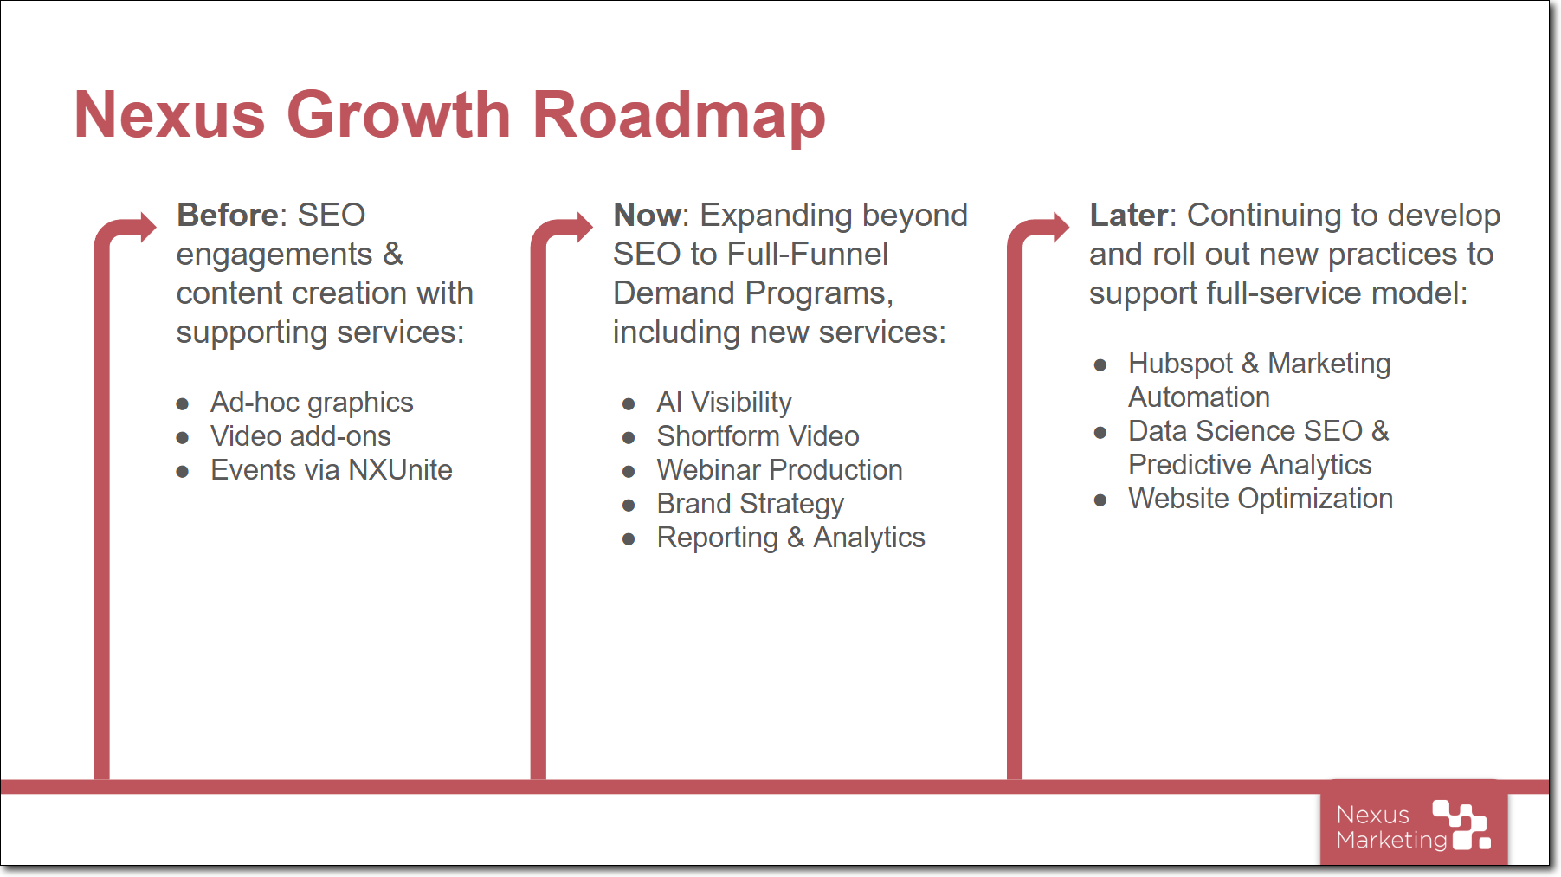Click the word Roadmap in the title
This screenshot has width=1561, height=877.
click(x=679, y=116)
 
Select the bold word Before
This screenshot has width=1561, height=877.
click(x=228, y=215)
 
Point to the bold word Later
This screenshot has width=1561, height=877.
click(x=1128, y=215)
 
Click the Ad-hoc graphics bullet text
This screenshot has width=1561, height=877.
click(x=312, y=403)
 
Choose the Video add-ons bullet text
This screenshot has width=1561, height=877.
click(x=300, y=436)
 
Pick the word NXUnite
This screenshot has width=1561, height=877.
click(x=400, y=470)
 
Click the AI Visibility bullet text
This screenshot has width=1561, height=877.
click(x=724, y=403)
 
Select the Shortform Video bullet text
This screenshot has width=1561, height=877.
click(x=758, y=436)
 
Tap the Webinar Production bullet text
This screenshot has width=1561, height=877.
click(x=779, y=470)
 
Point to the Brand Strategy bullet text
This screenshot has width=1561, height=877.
click(x=750, y=505)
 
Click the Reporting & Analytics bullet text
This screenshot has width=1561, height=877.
click(x=790, y=538)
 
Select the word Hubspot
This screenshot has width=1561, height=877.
click(x=1180, y=364)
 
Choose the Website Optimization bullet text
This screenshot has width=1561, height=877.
click(x=1261, y=500)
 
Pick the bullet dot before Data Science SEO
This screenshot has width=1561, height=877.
click(x=1100, y=432)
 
